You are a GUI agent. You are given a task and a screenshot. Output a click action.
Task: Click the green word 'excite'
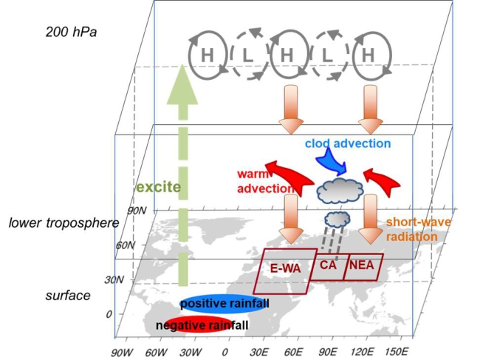click(x=157, y=186)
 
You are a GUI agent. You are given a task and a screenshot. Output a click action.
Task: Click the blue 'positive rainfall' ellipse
click(x=224, y=304)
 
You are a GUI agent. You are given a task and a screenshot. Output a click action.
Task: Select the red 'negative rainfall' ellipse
click(x=198, y=325)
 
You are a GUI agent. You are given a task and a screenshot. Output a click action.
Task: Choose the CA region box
click(x=328, y=265)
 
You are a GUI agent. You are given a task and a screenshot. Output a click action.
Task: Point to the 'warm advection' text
click(x=264, y=182)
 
